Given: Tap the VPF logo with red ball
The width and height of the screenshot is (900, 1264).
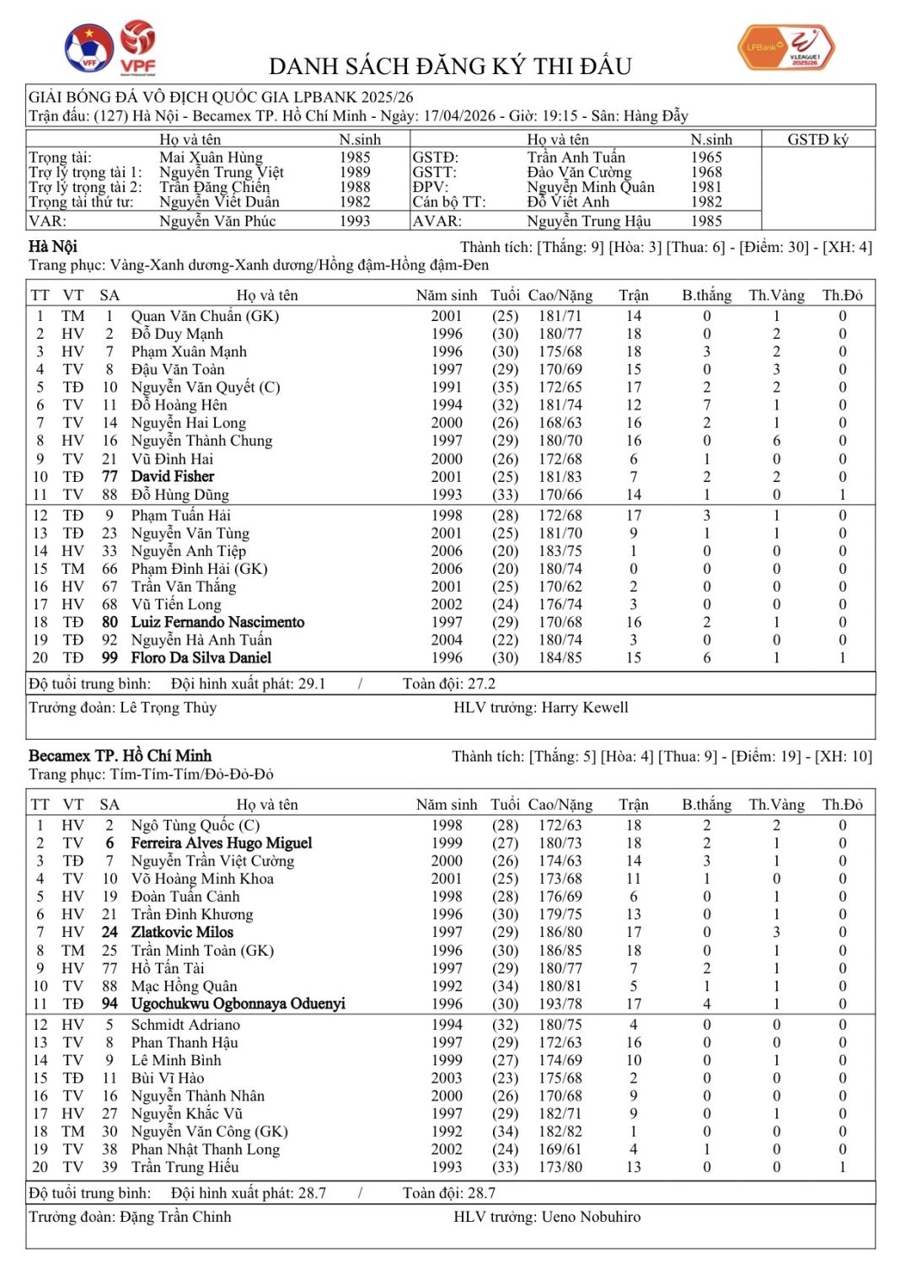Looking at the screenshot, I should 137,46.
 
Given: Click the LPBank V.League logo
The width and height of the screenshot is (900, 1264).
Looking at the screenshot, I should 785,46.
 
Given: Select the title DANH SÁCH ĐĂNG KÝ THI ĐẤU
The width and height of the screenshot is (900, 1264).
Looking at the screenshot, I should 450,67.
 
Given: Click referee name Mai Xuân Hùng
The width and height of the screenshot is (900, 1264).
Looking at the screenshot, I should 211,158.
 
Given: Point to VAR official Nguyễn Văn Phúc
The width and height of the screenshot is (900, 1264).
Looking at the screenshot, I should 217,221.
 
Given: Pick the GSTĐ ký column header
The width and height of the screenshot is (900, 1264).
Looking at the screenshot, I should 817,140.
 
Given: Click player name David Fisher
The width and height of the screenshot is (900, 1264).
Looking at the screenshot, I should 173,476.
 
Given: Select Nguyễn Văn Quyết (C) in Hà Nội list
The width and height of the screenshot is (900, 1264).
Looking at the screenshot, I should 206,388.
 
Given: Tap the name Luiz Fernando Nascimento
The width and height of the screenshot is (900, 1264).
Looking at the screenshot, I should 217,622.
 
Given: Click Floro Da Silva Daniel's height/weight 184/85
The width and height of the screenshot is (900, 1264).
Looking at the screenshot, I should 560,658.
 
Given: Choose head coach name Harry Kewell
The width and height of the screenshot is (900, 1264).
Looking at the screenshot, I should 585,708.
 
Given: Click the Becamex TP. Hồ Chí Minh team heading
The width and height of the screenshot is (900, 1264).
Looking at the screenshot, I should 120,756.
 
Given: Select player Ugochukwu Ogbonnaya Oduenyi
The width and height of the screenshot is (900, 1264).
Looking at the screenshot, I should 238,1004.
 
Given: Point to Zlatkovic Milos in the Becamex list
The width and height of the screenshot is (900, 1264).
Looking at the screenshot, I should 182,932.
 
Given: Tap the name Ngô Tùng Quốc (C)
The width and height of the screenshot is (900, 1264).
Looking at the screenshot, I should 196,826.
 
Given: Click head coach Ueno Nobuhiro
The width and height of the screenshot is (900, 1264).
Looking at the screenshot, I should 591,1217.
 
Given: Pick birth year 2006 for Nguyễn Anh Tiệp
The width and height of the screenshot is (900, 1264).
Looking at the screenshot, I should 447,551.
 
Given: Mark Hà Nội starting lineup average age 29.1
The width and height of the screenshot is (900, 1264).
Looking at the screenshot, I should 307,684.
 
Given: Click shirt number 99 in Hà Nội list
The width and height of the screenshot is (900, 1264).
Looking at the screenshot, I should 110,658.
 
